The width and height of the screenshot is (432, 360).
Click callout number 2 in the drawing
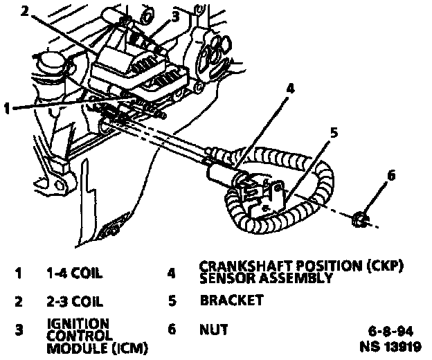[26, 10]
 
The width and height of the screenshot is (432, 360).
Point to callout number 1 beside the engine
[8, 107]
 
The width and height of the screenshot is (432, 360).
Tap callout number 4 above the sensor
[289, 89]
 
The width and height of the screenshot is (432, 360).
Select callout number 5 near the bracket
[333, 132]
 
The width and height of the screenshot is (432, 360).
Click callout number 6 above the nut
[390, 176]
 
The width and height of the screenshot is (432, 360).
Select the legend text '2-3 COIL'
[74, 301]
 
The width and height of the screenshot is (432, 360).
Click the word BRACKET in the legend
[231, 301]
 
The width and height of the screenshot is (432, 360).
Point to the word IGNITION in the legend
[78, 323]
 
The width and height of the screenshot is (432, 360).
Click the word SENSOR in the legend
[223, 278]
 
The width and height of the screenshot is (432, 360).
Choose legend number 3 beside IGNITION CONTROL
[19, 331]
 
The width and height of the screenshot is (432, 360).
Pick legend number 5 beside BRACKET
[171, 301]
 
